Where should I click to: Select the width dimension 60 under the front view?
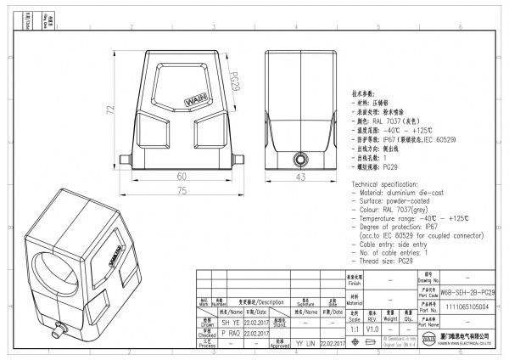182,177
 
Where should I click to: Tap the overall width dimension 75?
182,192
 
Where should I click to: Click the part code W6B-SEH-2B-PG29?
467,291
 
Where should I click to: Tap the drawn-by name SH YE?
230,323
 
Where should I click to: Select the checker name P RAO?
230,334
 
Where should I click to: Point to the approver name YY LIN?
305,344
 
